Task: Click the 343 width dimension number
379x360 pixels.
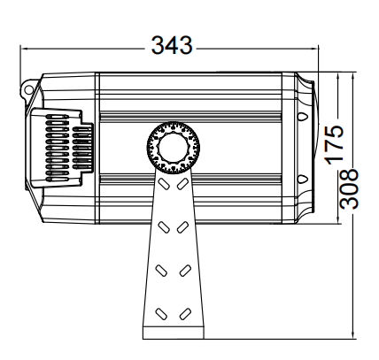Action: tap(172, 45)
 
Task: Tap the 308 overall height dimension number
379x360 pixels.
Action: tap(349, 188)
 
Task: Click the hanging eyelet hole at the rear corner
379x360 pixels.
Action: tap(28, 88)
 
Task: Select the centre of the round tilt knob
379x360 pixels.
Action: tap(174, 148)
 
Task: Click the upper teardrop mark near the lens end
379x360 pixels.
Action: tap(302, 116)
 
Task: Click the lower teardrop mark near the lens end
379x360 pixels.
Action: tap(302, 179)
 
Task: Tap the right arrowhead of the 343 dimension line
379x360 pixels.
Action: tap(315, 48)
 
